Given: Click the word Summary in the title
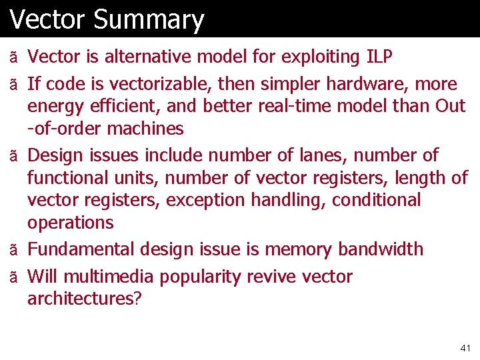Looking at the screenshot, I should (x=149, y=19).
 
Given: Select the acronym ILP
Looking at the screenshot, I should (x=380, y=57).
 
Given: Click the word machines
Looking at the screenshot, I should (x=145, y=128).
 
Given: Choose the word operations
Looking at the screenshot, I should (x=71, y=222).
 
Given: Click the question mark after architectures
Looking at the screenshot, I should (x=138, y=299).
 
